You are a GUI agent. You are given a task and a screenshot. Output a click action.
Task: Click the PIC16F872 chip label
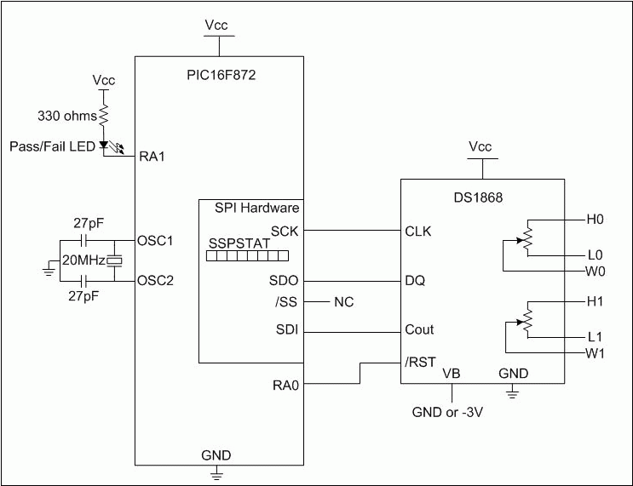pyautogui.click(x=220, y=75)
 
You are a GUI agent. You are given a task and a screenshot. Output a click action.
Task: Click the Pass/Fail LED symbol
pyautogui.click(x=105, y=146)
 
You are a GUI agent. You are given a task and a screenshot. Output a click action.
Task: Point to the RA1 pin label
pyautogui.click(x=152, y=157)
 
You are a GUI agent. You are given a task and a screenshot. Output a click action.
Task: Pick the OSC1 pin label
pyautogui.click(x=155, y=240)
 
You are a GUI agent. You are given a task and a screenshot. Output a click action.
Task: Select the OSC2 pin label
pyautogui.click(x=155, y=280)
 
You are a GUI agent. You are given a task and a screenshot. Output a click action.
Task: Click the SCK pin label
pyautogui.click(x=284, y=231)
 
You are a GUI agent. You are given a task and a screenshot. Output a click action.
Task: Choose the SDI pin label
pyautogui.click(x=286, y=330)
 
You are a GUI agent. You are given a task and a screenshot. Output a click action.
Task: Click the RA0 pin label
pyautogui.click(x=285, y=385)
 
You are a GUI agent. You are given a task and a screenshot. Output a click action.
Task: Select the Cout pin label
pyautogui.click(x=419, y=330)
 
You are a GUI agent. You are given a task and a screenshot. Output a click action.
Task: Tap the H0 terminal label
pyautogui.click(x=594, y=220)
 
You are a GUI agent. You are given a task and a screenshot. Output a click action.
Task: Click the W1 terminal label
pyautogui.click(x=595, y=353)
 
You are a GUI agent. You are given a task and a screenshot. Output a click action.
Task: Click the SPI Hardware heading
pyautogui.click(x=250, y=208)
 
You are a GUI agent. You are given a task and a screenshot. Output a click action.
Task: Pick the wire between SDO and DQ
pyautogui.click(x=353, y=280)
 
